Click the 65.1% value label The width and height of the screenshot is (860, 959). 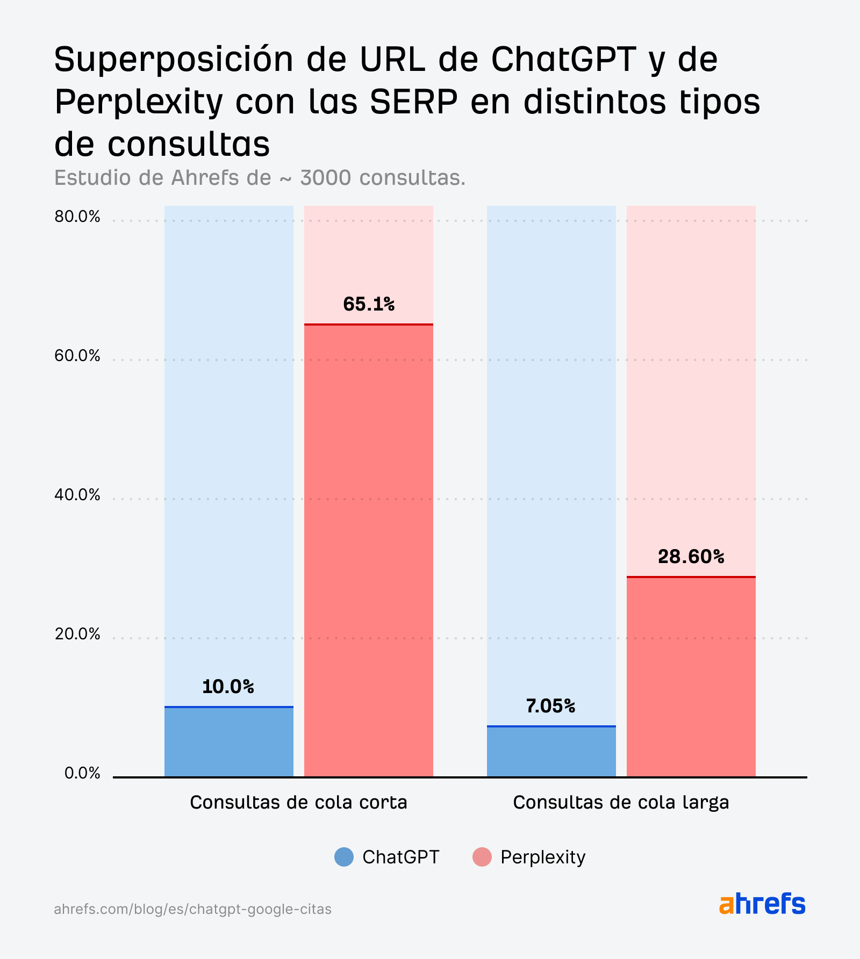(369, 305)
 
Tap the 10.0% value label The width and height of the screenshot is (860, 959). (228, 687)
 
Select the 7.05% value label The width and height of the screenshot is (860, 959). (550, 706)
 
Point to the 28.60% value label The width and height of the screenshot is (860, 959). (691, 557)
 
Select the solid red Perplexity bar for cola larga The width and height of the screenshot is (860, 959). (691, 677)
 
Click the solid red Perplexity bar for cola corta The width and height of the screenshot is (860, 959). (369, 551)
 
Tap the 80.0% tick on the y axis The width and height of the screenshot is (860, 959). (77, 217)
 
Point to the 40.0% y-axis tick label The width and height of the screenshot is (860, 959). (77, 495)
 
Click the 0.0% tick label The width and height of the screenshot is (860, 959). (82, 774)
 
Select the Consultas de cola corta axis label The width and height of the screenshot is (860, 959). (298, 803)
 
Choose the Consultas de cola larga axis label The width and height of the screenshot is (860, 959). (621, 803)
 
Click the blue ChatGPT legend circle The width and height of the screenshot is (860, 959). (344, 857)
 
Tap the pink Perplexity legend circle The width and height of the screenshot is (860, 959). (482, 857)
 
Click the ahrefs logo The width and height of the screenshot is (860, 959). (762, 904)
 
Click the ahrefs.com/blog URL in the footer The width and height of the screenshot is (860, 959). (192, 909)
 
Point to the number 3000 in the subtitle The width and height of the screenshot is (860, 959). (325, 178)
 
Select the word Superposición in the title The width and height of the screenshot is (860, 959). (174, 59)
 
